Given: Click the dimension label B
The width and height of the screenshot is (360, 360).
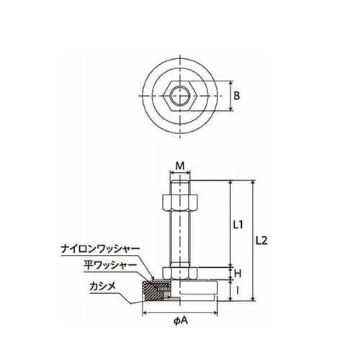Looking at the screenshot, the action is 237,96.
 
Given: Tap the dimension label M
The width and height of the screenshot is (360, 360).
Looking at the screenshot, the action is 180,166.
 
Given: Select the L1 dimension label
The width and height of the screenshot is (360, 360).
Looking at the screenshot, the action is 238,225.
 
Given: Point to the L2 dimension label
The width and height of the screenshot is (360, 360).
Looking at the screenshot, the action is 261,240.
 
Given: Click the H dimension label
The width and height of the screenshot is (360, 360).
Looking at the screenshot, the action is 238,274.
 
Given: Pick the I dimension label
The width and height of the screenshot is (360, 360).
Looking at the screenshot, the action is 238,291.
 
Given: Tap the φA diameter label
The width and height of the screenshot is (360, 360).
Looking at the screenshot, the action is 181,321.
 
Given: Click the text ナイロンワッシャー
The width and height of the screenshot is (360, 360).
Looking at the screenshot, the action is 100,249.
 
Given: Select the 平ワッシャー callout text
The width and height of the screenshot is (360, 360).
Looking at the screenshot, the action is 110,266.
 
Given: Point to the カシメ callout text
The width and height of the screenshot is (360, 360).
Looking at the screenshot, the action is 102,286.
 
